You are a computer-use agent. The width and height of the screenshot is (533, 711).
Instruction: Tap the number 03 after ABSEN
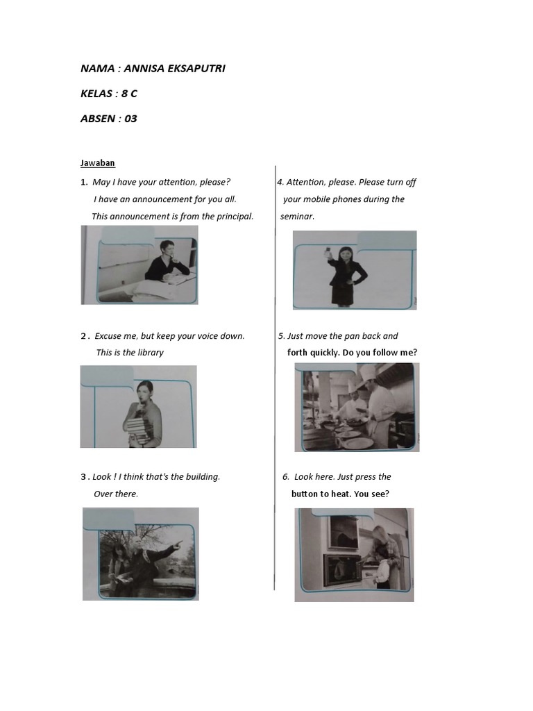click(x=130, y=119)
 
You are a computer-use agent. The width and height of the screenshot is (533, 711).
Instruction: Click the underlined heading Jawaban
click(x=97, y=163)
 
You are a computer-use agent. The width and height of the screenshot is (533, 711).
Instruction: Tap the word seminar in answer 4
click(x=297, y=216)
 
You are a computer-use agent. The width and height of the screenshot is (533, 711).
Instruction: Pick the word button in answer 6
click(x=305, y=494)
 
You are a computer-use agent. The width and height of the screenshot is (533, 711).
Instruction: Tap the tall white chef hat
click(x=367, y=374)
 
